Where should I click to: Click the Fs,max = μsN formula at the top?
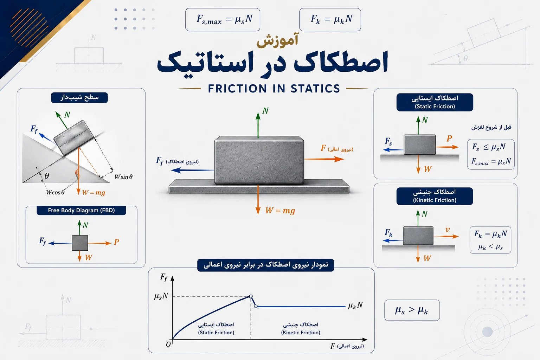[224, 19]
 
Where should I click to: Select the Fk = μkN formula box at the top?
[330, 20]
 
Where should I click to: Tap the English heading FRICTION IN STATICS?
[274, 89]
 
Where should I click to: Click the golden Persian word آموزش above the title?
[277, 40]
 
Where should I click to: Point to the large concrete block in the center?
[259, 160]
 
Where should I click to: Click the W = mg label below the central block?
[280, 211]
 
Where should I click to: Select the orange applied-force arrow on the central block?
[324, 159]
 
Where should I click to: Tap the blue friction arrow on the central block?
[192, 170]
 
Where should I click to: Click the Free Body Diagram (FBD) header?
[81, 210]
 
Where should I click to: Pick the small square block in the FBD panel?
[80, 243]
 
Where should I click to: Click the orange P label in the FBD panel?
[116, 242]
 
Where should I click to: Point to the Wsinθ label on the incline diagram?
[123, 177]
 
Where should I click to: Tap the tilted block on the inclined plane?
[73, 138]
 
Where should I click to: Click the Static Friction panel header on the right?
[435, 102]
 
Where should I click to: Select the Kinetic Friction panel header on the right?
[435, 196]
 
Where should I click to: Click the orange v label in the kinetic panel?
[448, 230]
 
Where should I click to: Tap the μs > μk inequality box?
[412, 310]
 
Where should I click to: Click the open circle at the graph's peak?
[251, 296]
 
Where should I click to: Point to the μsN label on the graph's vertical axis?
[161, 296]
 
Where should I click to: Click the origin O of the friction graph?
[168, 344]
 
